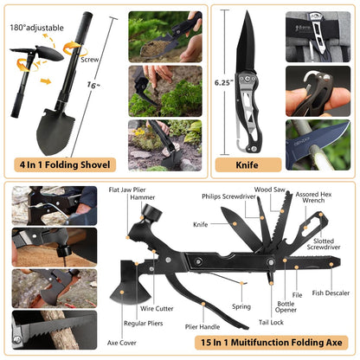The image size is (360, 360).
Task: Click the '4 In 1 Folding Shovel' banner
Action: point(65,164)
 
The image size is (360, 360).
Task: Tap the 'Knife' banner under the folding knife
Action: point(248,164)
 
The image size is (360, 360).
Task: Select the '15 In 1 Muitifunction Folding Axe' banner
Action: point(272,343)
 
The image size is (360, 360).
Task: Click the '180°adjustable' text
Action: point(37,28)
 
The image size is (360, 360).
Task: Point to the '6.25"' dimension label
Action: point(224,83)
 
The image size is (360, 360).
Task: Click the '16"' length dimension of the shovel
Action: point(93,85)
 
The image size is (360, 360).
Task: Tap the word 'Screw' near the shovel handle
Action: point(89,60)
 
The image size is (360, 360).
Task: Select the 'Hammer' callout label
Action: point(143,197)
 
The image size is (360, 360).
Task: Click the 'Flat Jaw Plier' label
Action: point(127,190)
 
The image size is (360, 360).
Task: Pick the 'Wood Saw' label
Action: point(269,190)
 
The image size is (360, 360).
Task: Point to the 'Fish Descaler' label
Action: point(331,292)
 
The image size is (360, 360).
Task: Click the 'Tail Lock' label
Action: point(271,322)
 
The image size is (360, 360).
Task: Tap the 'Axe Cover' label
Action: point(122,343)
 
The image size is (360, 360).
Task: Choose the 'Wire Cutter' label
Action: point(157,308)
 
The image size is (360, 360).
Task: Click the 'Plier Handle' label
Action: point(202,327)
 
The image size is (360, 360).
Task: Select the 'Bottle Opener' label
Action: point(286,306)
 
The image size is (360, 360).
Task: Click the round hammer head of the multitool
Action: point(151,213)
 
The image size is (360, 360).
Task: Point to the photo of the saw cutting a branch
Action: point(55,330)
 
